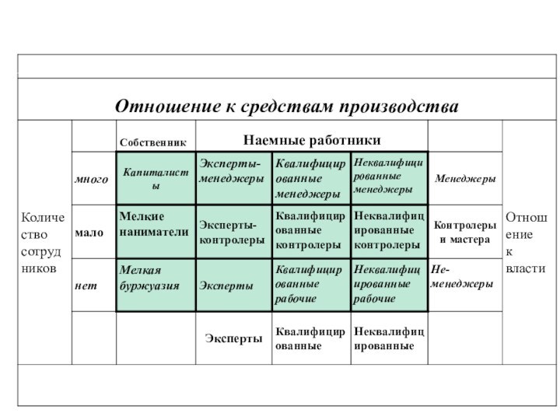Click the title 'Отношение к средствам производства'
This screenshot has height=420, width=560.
pyautogui.click(x=287, y=105)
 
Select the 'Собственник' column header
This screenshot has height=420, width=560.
pyautogui.click(x=152, y=142)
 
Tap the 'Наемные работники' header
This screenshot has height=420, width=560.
pyautogui.click(x=312, y=140)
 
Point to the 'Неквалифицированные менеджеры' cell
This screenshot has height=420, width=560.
pyautogui.click(x=388, y=177)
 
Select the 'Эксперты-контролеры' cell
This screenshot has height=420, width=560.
pyautogui.click(x=232, y=232)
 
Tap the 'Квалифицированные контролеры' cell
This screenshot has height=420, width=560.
pyautogui.click(x=310, y=232)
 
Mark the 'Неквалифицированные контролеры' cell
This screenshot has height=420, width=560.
pyautogui.click(x=388, y=232)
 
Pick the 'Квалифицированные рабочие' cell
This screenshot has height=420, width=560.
pyautogui.click(x=308, y=285)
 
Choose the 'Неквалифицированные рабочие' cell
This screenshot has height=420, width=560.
pyautogui.click(x=388, y=285)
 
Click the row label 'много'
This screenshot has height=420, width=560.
pyautogui.click(x=92, y=180)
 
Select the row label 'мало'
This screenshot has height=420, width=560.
pyautogui.click(x=89, y=232)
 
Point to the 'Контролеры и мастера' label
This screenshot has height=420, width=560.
pyautogui.click(x=464, y=232)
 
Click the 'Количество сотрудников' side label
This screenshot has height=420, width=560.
pyautogui.click(x=43, y=241)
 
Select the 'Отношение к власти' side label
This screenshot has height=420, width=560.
pyautogui.click(x=526, y=241)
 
